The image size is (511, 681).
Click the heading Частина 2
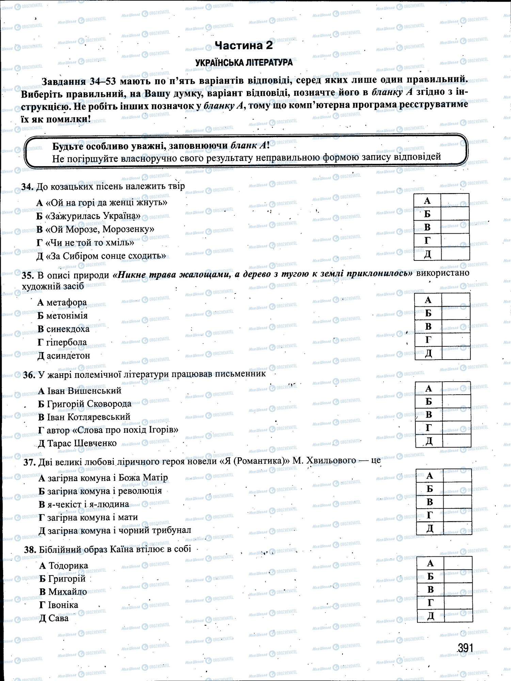pyautogui.click(x=244, y=45)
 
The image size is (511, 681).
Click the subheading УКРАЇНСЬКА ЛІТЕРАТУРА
pyautogui.click(x=244, y=63)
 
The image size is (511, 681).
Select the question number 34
pyautogui.click(x=27, y=187)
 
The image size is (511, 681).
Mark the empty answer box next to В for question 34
pyautogui.click(x=455, y=227)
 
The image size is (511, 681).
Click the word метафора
pyautogui.click(x=66, y=302)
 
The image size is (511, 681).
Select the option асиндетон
pyautogui.click(x=68, y=355)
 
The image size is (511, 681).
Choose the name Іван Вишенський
pyautogui.click(x=84, y=391)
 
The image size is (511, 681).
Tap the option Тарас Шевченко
pyautogui.click(x=82, y=443)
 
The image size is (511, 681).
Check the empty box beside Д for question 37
pyautogui.click(x=457, y=528)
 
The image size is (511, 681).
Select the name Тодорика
pyautogui.click(x=68, y=566)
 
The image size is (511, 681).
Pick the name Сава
pyautogui.click(x=58, y=618)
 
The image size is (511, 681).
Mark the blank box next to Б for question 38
pyautogui.click(x=458, y=576)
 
